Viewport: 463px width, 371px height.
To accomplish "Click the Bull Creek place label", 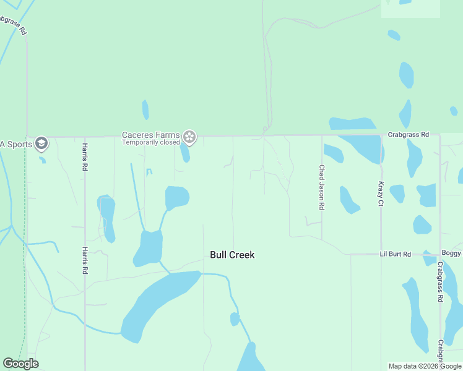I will pos(232,255).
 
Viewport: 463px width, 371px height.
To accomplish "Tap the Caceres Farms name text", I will pos(150,135).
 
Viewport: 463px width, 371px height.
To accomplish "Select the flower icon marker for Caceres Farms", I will pos(189,137).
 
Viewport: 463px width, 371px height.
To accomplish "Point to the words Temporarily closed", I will pos(150,142).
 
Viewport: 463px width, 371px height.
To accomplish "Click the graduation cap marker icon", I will pos(41,144).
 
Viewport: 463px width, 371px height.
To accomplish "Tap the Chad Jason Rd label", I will pos(321,187).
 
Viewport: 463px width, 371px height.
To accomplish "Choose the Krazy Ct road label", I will pos(380,194).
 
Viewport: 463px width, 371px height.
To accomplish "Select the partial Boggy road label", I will pos(451,254).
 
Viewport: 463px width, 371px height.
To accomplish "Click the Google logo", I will pos(20,364).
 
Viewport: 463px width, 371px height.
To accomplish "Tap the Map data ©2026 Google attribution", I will pos(425,366).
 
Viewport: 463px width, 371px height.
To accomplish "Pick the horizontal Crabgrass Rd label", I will pos(408,134).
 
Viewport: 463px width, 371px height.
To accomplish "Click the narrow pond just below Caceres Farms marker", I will pos(184,152).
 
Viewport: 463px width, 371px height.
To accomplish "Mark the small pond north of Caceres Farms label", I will pos(145,110).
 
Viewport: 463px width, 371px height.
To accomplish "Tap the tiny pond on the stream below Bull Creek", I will pos(235,319).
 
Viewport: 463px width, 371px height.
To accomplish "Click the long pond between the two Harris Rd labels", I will pos(107,218).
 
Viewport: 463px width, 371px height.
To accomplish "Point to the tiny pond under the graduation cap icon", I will pos(42,160).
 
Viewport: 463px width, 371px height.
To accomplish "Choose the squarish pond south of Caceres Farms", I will pos(177,198).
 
